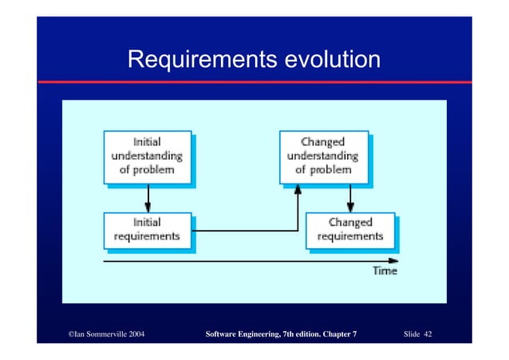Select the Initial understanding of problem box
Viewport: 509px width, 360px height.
[146, 156]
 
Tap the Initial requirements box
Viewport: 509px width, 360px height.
[146, 230]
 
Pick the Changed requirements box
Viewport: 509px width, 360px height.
[349, 230]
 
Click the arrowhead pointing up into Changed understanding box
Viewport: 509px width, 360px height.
[298, 188]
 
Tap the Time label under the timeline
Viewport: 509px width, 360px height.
[385, 271]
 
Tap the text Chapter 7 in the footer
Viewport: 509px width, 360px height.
[338, 334]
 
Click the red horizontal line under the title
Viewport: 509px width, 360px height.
[254, 82]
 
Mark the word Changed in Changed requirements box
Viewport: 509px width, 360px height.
[349, 224]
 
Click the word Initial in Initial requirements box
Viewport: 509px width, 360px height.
[146, 224]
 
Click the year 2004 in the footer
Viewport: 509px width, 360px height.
[132, 334]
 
